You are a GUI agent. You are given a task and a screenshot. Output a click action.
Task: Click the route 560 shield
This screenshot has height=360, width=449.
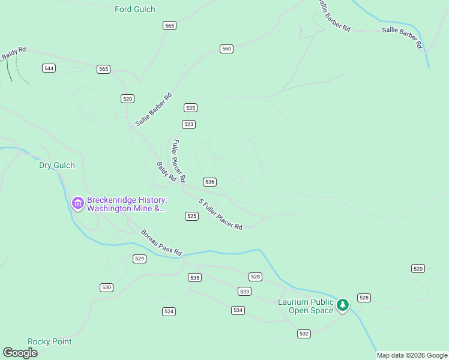point(226,49)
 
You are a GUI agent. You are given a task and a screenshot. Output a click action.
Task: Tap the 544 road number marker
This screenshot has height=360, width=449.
point(49,68)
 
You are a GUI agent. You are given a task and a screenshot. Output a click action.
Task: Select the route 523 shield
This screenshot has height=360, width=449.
point(189,124)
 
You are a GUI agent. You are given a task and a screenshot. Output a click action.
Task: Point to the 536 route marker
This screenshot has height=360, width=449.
point(209,182)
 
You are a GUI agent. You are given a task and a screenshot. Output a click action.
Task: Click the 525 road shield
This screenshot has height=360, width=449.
point(191,216)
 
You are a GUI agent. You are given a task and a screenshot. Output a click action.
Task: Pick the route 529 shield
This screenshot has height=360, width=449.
point(139,259)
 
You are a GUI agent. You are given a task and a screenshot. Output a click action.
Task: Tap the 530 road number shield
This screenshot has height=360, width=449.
point(106,288)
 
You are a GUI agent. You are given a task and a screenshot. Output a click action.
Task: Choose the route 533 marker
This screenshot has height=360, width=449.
point(244,292)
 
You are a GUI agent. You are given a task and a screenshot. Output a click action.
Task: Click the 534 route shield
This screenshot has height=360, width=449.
point(238,310)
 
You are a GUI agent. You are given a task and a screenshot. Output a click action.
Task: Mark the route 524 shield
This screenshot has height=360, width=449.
point(169,311)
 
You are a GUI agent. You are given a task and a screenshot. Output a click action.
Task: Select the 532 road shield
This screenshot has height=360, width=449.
point(304,333)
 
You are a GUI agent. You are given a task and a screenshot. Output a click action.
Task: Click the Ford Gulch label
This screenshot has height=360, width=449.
point(134,9)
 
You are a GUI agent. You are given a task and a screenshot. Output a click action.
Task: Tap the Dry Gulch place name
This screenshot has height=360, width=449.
point(57,165)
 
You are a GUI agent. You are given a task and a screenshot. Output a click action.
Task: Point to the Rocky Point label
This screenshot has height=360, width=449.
point(50,341)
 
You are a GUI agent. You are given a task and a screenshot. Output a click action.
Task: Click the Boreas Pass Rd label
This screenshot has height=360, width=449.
point(161,243)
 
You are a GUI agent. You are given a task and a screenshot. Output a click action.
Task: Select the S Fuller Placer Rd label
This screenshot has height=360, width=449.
point(220,214)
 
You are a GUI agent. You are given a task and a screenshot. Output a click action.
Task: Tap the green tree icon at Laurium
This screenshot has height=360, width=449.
point(343,305)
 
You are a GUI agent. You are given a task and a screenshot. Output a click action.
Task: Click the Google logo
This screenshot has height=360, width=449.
point(20,353)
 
